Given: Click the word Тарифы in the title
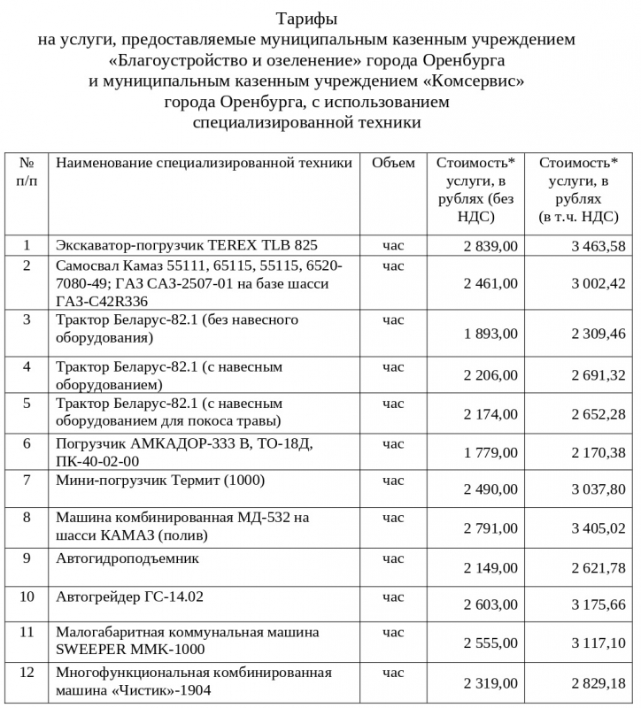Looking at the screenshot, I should (306, 19).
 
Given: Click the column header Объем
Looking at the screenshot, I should (393, 163).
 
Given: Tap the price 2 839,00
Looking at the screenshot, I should (490, 246).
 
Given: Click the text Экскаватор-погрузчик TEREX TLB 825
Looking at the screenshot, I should (186, 245).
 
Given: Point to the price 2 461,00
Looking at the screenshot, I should (490, 283).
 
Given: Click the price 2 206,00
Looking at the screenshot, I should (490, 375).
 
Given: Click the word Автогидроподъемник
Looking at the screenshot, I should (127, 558).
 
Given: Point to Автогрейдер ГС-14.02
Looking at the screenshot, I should (129, 596).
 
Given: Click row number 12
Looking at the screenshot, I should (27, 673).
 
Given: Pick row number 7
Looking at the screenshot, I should (27, 481).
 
